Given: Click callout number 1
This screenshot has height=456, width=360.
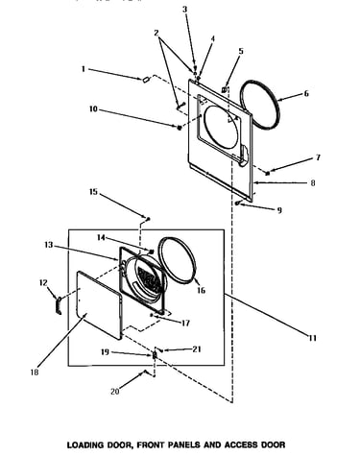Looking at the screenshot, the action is pos(84,69).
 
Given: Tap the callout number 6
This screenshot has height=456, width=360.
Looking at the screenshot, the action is pos(306,93).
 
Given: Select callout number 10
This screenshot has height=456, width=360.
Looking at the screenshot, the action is pos(93,109).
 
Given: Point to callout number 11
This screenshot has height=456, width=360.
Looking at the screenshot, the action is pos(313,338).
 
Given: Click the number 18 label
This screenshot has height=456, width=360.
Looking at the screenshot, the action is pos(35,372).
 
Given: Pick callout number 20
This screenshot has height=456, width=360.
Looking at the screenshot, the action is pos(115,391).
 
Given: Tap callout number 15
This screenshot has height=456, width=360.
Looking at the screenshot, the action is pos(93,192).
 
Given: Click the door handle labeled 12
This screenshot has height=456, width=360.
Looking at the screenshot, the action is pos(59,305).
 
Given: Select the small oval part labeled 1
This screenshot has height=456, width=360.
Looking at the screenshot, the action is pos(146,80).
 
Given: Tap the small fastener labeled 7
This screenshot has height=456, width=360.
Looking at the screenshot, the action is pos(268,173).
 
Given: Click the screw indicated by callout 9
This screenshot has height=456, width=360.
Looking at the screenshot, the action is pos(238,203).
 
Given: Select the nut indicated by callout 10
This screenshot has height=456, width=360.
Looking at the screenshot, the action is pos(180,128).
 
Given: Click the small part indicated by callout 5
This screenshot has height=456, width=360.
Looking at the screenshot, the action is pos(225,89).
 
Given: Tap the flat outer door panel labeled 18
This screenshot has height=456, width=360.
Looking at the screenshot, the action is pos(99,305).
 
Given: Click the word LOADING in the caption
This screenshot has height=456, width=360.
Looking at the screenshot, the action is pos(85,444).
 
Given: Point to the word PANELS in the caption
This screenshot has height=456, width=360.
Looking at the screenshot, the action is pos(185,444).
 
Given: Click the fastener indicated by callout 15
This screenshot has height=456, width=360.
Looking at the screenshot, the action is pos(148,219).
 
